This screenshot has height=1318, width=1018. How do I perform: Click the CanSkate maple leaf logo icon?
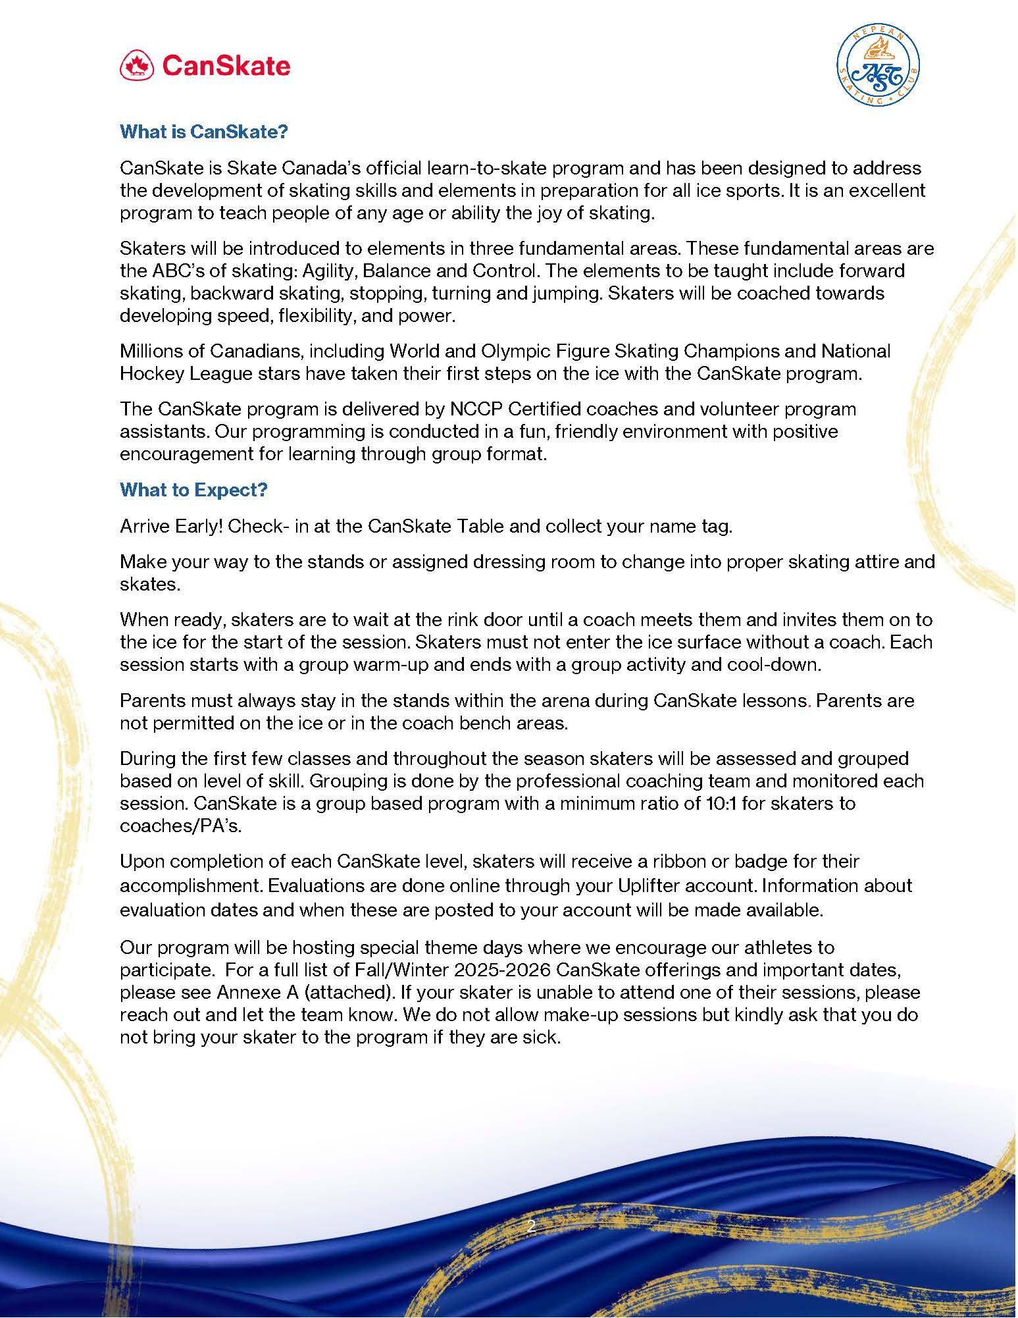click(137, 66)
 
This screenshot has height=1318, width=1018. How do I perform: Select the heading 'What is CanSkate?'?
click(204, 132)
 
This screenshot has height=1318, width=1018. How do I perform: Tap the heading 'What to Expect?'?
click(193, 490)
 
